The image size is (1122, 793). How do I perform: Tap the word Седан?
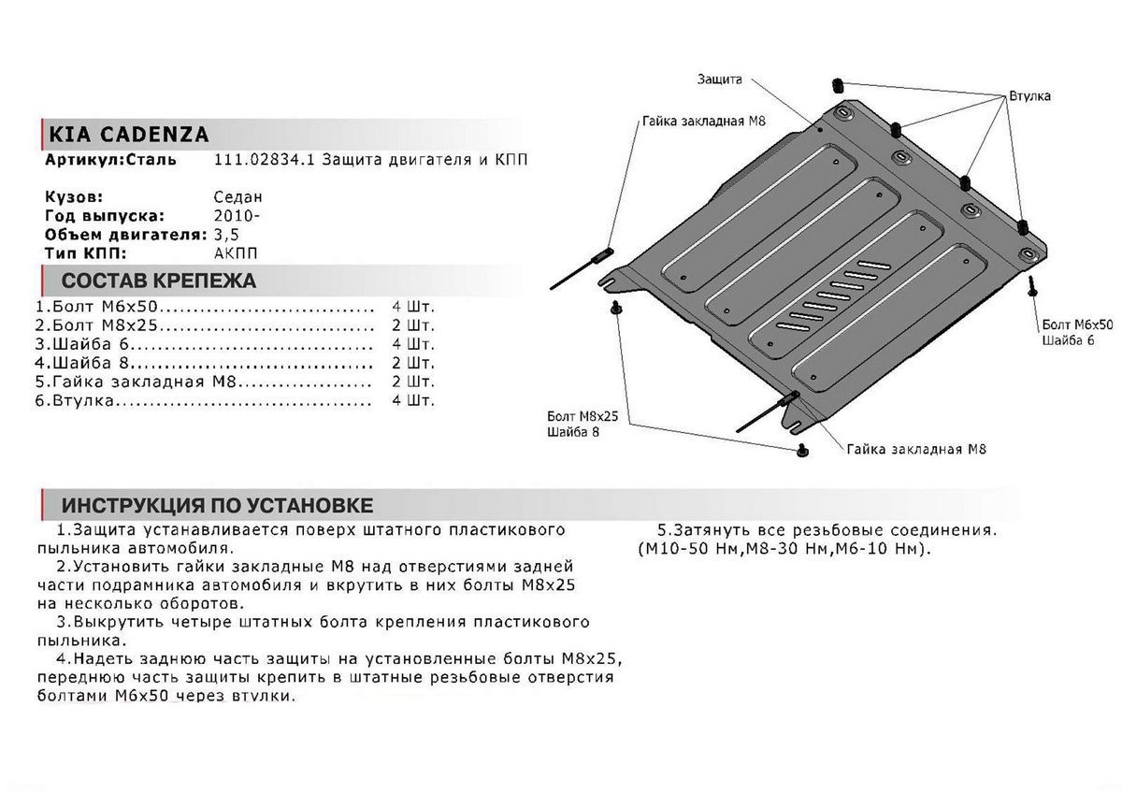pyautogui.click(x=238, y=197)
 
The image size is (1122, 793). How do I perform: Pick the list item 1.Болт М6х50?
pyautogui.click(x=98, y=308)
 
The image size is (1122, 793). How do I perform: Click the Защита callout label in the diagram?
pyautogui.click(x=719, y=80)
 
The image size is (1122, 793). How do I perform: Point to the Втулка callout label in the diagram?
pyautogui.click(x=1029, y=96)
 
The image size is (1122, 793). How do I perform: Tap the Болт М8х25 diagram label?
pyautogui.click(x=585, y=414)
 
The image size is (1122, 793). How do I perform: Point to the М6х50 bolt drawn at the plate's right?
pyautogui.click(x=1032, y=285)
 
